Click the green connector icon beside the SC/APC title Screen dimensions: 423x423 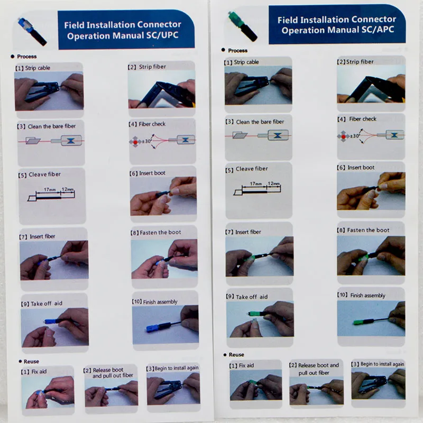[242, 25]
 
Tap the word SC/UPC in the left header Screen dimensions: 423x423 [162, 35]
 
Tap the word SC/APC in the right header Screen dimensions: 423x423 [378, 30]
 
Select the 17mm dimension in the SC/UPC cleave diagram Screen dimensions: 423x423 [50, 189]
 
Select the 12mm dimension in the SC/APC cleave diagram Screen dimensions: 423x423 [273, 183]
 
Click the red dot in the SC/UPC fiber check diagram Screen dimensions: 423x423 [135, 142]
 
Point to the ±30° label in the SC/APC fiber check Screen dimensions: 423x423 [355, 136]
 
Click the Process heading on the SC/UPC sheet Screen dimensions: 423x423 [27, 57]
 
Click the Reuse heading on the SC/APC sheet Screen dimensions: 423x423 [236, 354]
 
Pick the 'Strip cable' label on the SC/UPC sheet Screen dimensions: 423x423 [38, 68]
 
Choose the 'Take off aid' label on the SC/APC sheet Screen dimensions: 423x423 [252, 297]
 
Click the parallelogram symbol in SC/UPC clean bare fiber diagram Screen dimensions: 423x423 [33, 141]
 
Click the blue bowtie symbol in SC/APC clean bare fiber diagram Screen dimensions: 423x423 [278, 135]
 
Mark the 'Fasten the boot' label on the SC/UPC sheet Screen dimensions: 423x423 [160, 232]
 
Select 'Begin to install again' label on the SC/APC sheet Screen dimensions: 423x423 [382, 364]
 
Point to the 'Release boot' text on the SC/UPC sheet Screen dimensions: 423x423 [108, 370]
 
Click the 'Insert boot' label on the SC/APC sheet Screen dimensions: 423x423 [361, 168]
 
